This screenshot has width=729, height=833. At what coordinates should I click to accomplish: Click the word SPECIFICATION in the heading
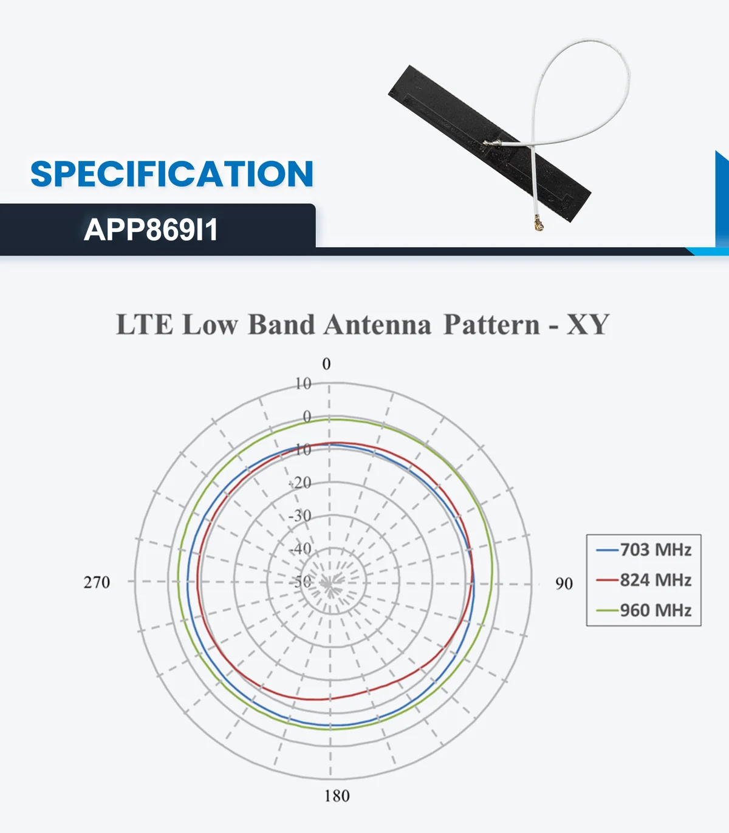pyautogui.click(x=172, y=174)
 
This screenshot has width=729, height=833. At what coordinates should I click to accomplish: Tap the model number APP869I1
pyautogui.click(x=151, y=230)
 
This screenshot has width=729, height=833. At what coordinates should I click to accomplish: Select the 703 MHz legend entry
pyautogui.click(x=655, y=549)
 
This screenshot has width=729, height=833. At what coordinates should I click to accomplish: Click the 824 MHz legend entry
pyautogui.click(x=655, y=580)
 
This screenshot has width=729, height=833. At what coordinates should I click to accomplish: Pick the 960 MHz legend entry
pyautogui.click(x=655, y=610)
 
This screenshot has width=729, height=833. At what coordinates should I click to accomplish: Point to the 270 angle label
pyautogui.click(x=97, y=582)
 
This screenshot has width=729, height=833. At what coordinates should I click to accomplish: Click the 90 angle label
pyautogui.click(x=564, y=583)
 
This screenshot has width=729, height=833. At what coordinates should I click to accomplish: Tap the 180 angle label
pyautogui.click(x=337, y=796)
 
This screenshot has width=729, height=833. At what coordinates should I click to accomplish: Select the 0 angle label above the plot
pyautogui.click(x=326, y=364)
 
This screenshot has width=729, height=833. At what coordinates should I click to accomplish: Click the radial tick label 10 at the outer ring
pyautogui.click(x=303, y=384)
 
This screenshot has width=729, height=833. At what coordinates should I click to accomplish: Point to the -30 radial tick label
pyautogui.click(x=300, y=516)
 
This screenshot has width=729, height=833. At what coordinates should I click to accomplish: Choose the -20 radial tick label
pyautogui.click(x=300, y=483)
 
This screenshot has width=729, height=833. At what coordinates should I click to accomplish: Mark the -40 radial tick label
pyautogui.click(x=300, y=549)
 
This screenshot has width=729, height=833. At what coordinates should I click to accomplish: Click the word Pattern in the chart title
pyautogui.click(x=491, y=325)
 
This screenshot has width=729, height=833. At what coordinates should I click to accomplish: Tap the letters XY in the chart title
pyautogui.click(x=587, y=325)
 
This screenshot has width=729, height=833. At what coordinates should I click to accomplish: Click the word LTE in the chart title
pyautogui.click(x=144, y=325)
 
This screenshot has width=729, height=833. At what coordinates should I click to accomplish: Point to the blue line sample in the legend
pyautogui.click(x=607, y=550)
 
